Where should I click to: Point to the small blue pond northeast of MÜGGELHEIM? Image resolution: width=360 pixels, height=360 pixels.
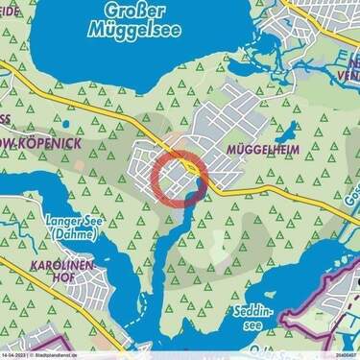[x=287, y=131]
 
